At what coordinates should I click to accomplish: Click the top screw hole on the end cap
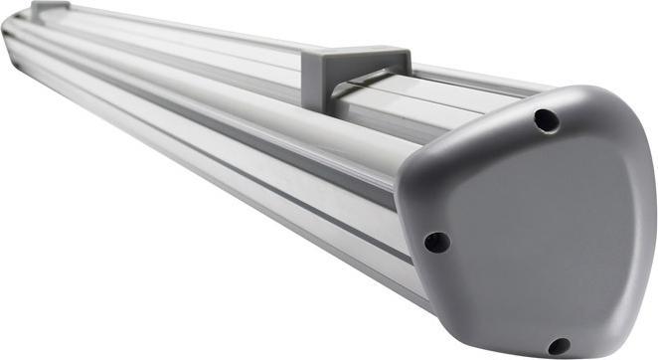click(546, 120)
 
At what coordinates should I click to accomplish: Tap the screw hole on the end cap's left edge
click(435, 242)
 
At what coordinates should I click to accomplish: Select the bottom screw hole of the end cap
click(559, 345)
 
